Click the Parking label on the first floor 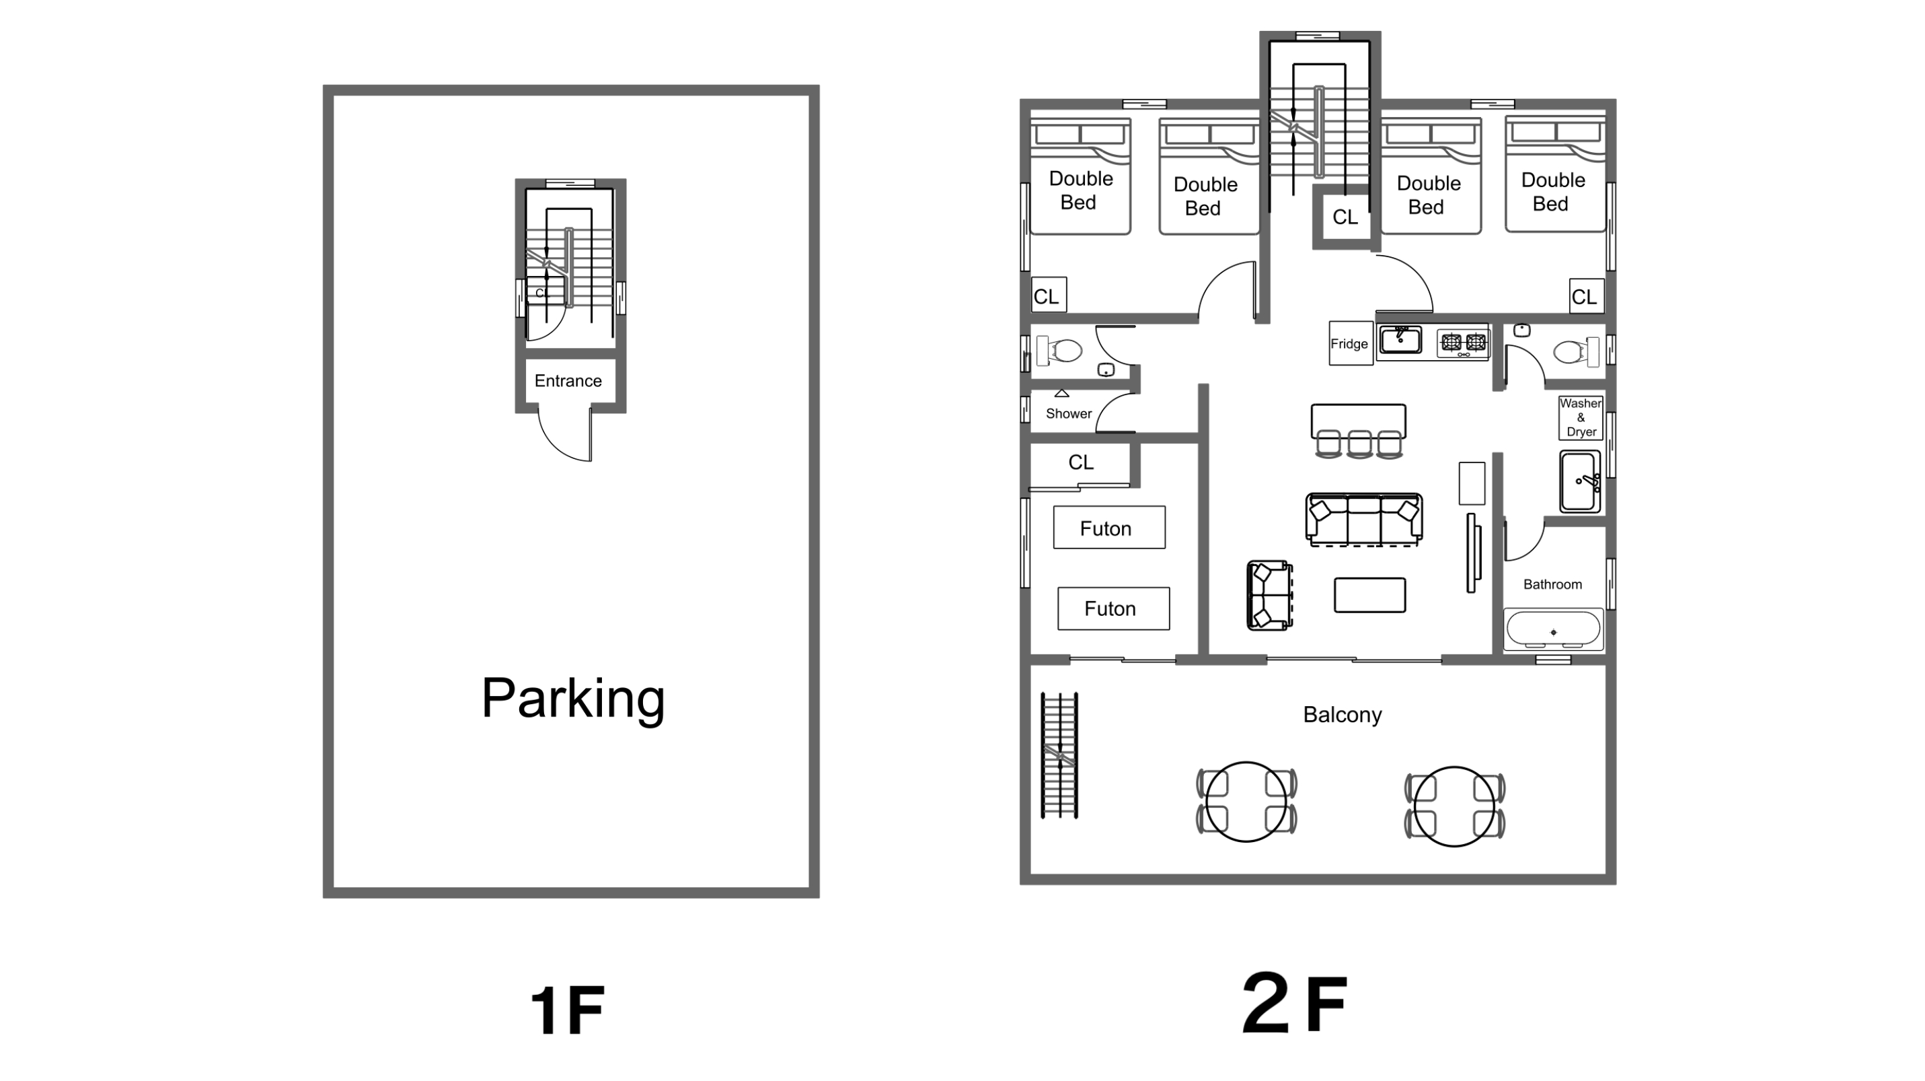pyautogui.click(x=573, y=699)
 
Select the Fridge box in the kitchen pyautogui.click(x=1351, y=344)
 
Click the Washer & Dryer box pyautogui.click(x=1581, y=417)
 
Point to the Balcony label pyautogui.click(x=1342, y=715)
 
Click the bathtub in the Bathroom pyautogui.click(x=1553, y=629)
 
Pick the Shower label pyautogui.click(x=1069, y=413)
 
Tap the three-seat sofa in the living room pyautogui.click(x=1364, y=520)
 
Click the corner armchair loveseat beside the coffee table pyautogui.click(x=1270, y=595)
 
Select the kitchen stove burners pyautogui.click(x=1463, y=343)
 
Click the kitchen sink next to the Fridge pyautogui.click(x=1400, y=340)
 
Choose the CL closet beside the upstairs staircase pyautogui.click(x=1345, y=217)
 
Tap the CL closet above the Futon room pyautogui.click(x=1081, y=462)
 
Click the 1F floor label pyautogui.click(x=567, y=1010)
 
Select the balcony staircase pyautogui.click(x=1059, y=755)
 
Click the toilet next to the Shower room pyautogui.click(x=1059, y=350)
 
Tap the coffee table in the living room pyautogui.click(x=1370, y=595)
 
